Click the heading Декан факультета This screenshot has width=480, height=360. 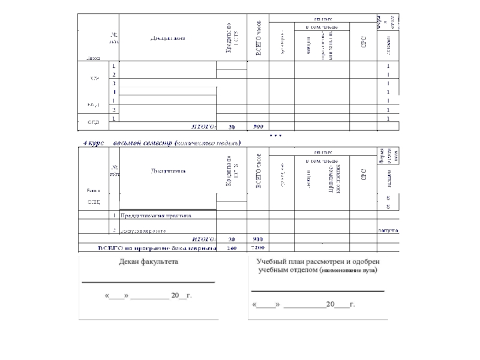pos(148,262)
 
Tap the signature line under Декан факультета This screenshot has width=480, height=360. pos(148,281)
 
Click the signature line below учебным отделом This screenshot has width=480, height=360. pos(317,290)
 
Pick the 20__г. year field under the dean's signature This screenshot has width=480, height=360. pos(181,296)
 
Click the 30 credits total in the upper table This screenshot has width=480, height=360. pos(232,127)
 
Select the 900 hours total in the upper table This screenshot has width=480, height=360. pos(258,127)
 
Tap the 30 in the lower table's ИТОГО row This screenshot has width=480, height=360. pos(232,240)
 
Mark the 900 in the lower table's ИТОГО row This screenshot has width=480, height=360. pos(258,240)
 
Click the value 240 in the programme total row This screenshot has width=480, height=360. pos(232,248)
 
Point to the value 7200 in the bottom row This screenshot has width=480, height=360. pos(258,248)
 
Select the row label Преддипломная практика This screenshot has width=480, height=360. pos(155,214)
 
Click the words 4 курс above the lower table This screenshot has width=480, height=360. pos(94,143)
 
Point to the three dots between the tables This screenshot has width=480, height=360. pos(275,136)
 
